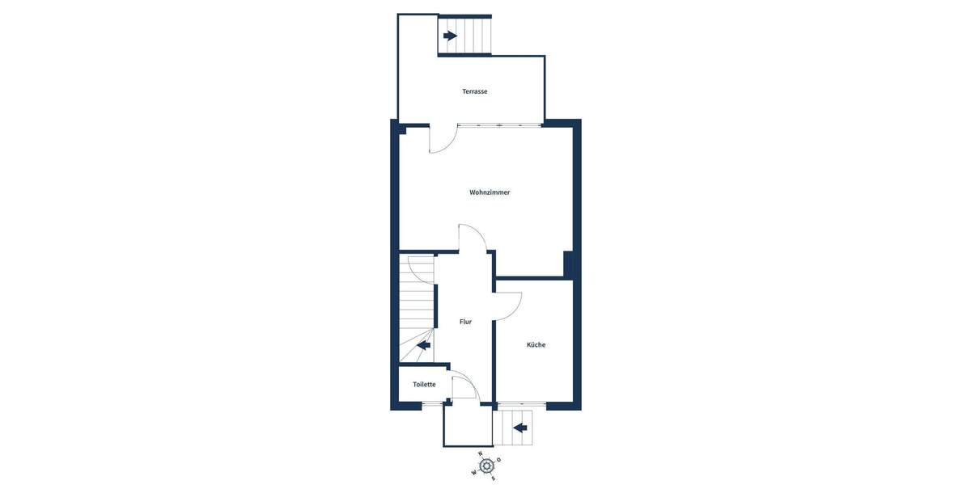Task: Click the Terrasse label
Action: click(474, 91)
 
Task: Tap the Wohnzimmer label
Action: click(490, 192)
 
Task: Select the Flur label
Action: click(465, 322)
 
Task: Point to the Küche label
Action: click(536, 345)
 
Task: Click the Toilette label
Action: click(424, 385)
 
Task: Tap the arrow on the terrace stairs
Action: click(450, 36)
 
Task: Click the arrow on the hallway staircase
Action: click(423, 345)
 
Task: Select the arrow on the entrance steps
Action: click(520, 428)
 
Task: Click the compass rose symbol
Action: click(486, 466)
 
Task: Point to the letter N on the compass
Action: click(480, 454)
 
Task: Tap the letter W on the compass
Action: click(473, 473)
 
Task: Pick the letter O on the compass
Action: click(499, 460)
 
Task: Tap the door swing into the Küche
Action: click(509, 306)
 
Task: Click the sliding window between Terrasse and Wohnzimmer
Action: click(499, 125)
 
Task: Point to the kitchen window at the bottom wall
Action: click(522, 403)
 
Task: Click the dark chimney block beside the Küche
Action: click(568, 264)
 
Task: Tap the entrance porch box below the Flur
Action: click(468, 425)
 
